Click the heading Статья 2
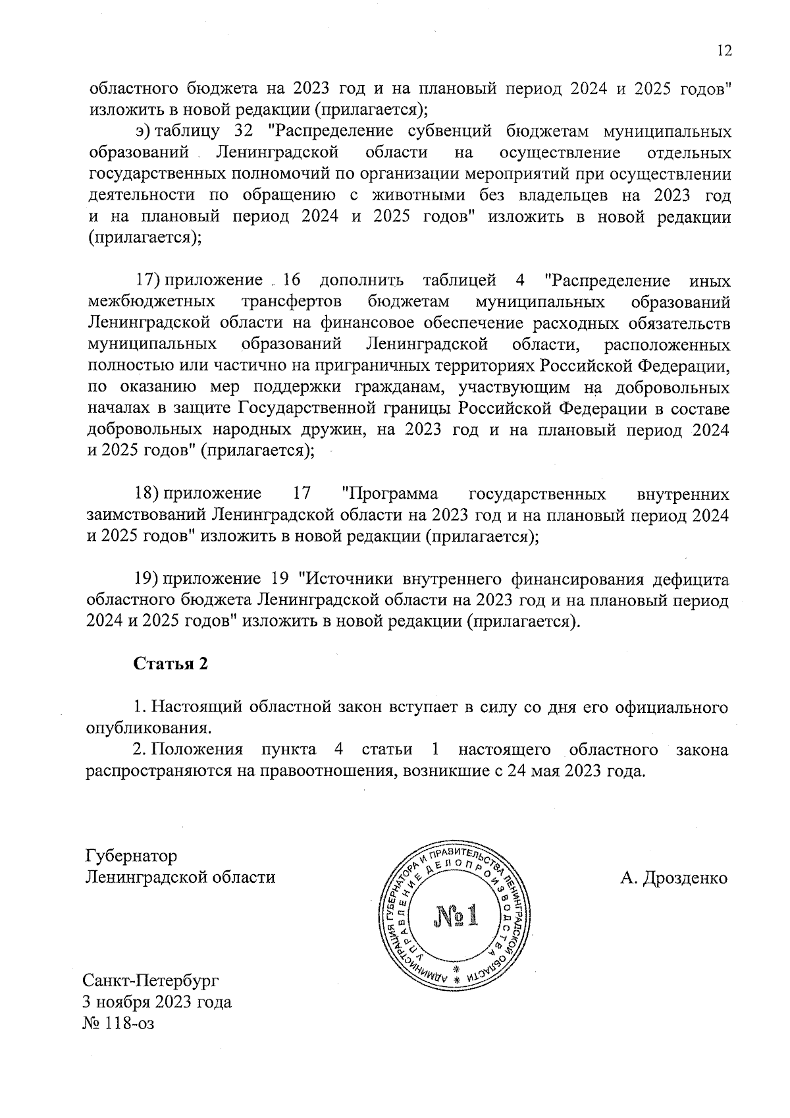point(171,663)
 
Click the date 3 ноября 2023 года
point(157,1002)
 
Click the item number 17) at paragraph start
point(148,281)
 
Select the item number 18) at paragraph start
point(148,493)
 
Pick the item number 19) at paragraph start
point(148,578)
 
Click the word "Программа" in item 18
point(390,493)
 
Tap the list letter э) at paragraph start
point(142,132)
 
